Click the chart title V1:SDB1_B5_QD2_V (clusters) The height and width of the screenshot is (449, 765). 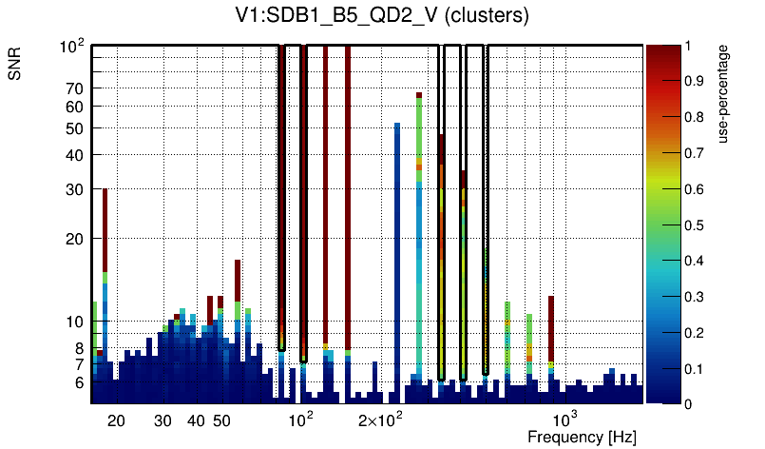point(382,16)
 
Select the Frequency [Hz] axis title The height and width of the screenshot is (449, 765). point(582,437)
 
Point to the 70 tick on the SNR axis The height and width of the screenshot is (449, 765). point(74,88)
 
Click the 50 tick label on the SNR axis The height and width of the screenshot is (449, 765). point(74,128)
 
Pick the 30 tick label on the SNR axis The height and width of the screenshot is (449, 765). point(74,189)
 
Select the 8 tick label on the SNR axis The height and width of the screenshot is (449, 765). point(78,348)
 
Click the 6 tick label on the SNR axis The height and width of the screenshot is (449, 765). point(78,382)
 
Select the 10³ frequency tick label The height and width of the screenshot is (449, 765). point(564,420)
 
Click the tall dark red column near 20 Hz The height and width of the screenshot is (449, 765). point(105,228)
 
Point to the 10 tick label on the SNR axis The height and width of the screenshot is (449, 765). point(74,322)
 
